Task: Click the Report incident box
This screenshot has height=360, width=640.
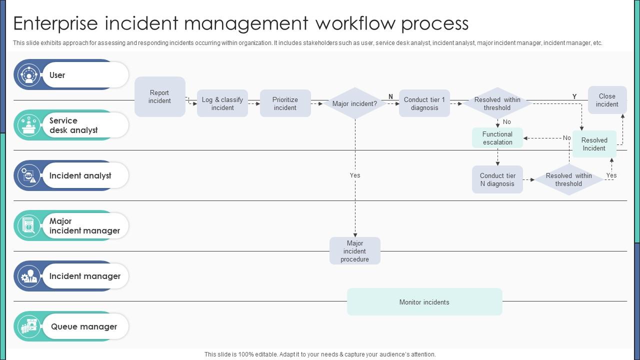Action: pyautogui.click(x=159, y=97)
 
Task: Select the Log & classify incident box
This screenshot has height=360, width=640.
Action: pyautogui.click(x=222, y=103)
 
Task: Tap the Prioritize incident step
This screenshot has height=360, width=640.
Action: pyautogui.click(x=285, y=103)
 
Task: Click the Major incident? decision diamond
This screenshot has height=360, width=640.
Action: pyautogui.click(x=354, y=104)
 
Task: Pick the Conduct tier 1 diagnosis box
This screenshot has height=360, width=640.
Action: pyautogui.click(x=424, y=103)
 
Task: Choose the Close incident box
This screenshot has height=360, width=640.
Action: pyautogui.click(x=607, y=100)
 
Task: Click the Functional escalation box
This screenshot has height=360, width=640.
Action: pyautogui.click(x=497, y=138)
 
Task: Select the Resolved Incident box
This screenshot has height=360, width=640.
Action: pyautogui.click(x=594, y=144)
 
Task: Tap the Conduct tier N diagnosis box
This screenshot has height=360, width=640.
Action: pyautogui.click(x=497, y=179)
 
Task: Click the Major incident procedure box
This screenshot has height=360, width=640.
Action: pyautogui.click(x=354, y=251)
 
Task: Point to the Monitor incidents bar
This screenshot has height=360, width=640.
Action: pyautogui.click(x=424, y=302)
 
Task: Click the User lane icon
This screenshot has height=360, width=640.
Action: pyautogui.click(x=29, y=75)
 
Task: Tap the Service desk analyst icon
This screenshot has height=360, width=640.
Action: pyautogui.click(x=29, y=125)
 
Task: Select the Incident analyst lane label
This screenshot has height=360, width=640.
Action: pyautogui.click(x=80, y=175)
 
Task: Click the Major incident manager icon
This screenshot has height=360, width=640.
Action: pyautogui.click(x=29, y=225)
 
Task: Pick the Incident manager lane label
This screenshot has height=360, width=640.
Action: pyautogui.click(x=84, y=276)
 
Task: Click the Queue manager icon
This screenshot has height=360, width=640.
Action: pyautogui.click(x=29, y=326)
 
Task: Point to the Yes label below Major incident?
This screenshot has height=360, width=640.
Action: pyautogui.click(x=355, y=175)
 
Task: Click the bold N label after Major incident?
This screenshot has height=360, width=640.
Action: pyautogui.click(x=390, y=96)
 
